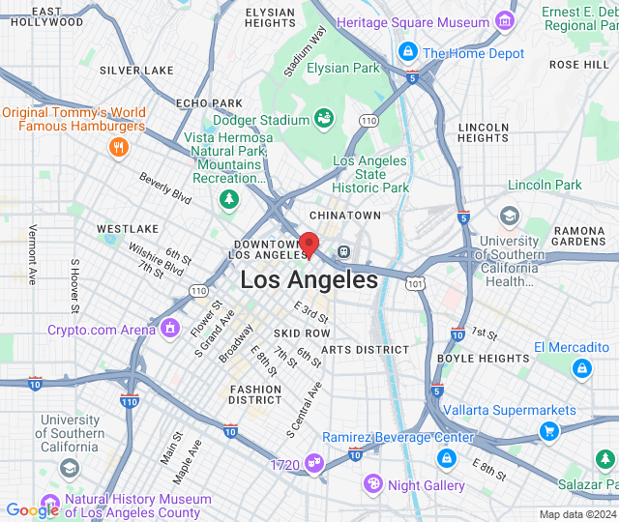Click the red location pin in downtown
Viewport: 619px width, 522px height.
click(x=309, y=244)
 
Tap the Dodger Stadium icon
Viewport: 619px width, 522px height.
click(x=324, y=119)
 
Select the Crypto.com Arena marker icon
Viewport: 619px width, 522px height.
click(x=171, y=330)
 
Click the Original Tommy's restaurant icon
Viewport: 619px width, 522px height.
click(x=119, y=147)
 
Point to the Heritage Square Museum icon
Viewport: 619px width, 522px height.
click(x=504, y=21)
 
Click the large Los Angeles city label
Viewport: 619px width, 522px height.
click(x=309, y=280)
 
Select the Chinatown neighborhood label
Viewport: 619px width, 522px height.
click(x=345, y=215)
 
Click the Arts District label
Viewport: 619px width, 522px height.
click(x=365, y=349)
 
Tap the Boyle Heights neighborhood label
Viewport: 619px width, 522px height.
click(x=483, y=359)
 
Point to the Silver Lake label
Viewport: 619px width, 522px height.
click(x=136, y=71)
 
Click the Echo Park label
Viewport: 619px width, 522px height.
click(x=209, y=103)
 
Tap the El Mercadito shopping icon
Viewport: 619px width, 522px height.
click(x=581, y=367)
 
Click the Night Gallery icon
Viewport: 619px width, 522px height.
click(x=373, y=483)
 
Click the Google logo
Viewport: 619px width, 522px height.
click(x=32, y=510)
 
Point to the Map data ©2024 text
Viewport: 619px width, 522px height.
click(x=576, y=514)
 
